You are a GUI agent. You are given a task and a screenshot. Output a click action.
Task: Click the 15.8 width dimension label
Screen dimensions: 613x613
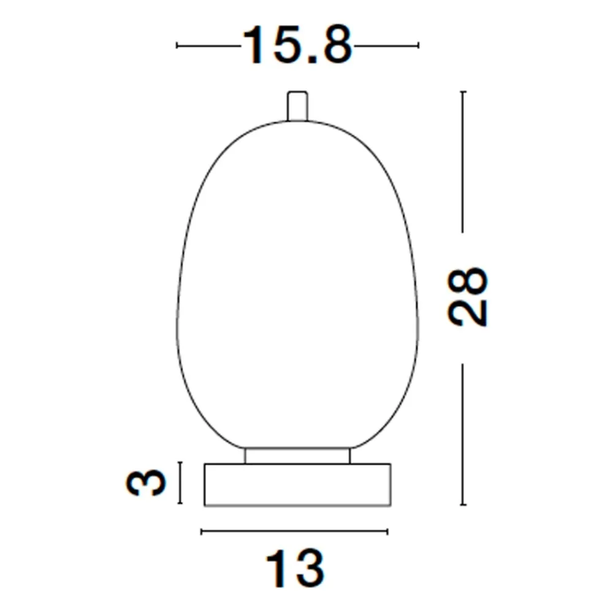[x=297, y=45]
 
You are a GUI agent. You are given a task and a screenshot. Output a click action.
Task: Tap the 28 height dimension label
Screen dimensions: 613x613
[x=468, y=297]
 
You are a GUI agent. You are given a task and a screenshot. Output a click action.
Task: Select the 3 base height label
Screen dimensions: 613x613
[x=147, y=482]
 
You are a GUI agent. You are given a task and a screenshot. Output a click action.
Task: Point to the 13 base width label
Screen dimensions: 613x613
[x=295, y=568]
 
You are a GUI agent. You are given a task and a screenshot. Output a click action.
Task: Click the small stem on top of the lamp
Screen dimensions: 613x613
[x=297, y=106]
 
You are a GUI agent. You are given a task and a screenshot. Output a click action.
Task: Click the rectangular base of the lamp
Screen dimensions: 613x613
[x=297, y=485]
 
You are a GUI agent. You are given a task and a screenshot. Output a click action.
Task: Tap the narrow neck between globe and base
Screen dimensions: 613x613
[x=297, y=455]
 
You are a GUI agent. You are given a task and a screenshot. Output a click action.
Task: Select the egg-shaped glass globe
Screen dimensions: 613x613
[x=297, y=284]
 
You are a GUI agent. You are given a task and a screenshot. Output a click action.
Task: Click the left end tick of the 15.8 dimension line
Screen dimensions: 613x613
[x=177, y=45]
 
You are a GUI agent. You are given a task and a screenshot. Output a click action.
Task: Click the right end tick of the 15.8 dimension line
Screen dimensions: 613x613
[x=418, y=45]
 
